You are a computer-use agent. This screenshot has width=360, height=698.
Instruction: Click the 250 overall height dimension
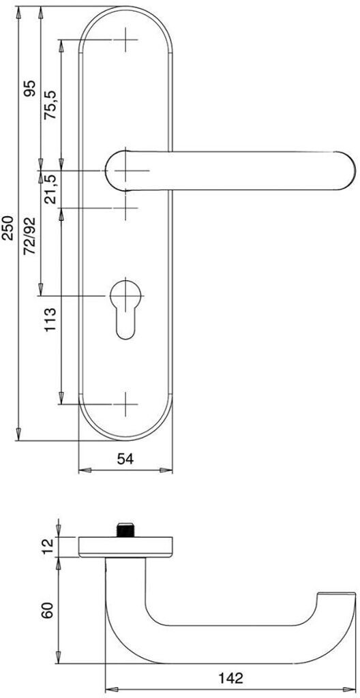[9, 228]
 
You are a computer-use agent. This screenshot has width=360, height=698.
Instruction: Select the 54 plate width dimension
[125, 459]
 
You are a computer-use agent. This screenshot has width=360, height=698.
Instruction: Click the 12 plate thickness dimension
[48, 547]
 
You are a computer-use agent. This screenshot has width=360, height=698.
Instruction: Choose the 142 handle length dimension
[230, 678]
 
